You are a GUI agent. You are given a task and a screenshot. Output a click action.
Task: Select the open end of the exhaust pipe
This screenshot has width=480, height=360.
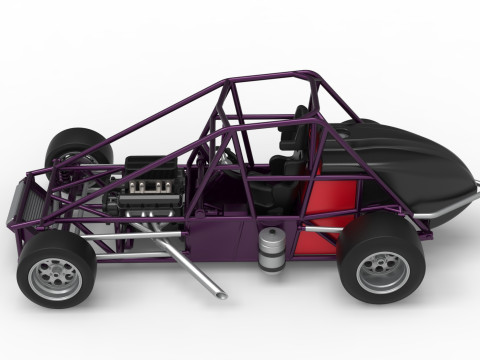[219, 295]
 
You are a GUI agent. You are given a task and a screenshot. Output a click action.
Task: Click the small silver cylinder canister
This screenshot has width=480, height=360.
[269, 250]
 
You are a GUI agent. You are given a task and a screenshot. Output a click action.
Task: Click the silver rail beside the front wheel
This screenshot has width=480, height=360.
[130, 239]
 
